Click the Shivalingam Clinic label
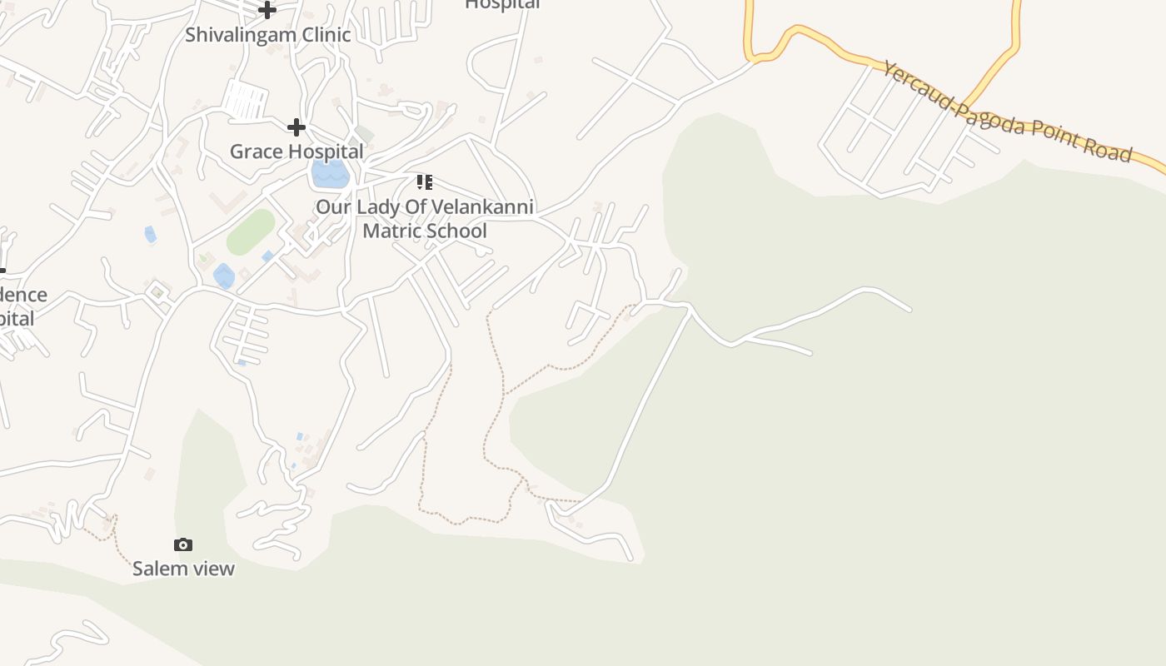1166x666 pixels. click(267, 35)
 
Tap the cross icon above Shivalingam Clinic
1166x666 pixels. click(267, 10)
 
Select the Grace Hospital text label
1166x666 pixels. click(296, 152)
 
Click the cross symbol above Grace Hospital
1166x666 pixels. click(296, 127)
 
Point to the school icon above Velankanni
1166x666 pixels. click(424, 181)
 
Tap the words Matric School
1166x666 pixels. click(425, 231)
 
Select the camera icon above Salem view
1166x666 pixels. click(183, 544)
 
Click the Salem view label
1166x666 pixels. click(183, 569)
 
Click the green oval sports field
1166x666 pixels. click(251, 232)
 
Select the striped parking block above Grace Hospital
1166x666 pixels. click(245, 100)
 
